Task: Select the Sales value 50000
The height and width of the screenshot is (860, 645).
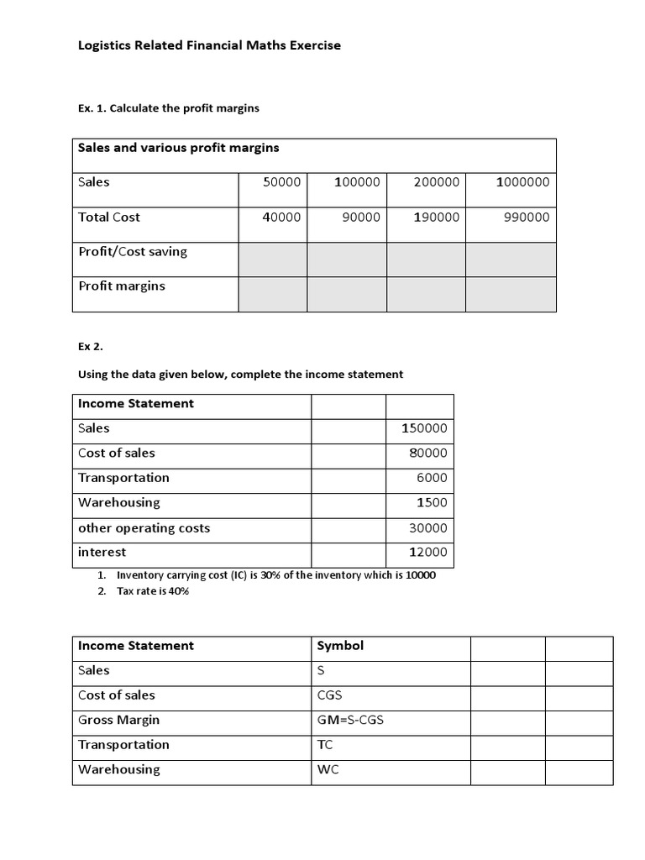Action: click(281, 182)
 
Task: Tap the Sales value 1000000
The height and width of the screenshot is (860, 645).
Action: click(522, 182)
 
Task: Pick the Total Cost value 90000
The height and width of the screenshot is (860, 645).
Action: click(361, 217)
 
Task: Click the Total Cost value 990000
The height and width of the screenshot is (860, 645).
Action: click(526, 217)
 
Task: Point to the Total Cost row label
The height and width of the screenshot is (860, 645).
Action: click(109, 217)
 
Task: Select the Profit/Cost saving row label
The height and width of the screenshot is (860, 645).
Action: click(133, 251)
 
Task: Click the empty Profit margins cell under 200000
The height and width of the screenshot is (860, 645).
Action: click(426, 295)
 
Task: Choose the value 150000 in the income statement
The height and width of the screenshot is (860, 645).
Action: click(424, 428)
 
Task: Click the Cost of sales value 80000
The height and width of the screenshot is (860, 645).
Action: click(427, 454)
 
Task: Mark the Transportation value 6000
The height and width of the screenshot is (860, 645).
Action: click(432, 478)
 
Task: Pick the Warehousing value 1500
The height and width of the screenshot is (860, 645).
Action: click(432, 503)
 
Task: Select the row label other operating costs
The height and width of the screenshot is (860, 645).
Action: click(144, 528)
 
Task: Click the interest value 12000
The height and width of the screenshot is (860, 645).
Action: click(427, 553)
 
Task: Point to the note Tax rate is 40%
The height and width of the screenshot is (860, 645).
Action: click(153, 591)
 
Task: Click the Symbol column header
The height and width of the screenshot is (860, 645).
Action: click(340, 646)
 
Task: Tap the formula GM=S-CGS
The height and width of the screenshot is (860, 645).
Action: click(350, 720)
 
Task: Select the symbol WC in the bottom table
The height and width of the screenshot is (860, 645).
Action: click(328, 769)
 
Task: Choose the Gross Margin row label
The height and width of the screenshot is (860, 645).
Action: click(118, 720)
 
